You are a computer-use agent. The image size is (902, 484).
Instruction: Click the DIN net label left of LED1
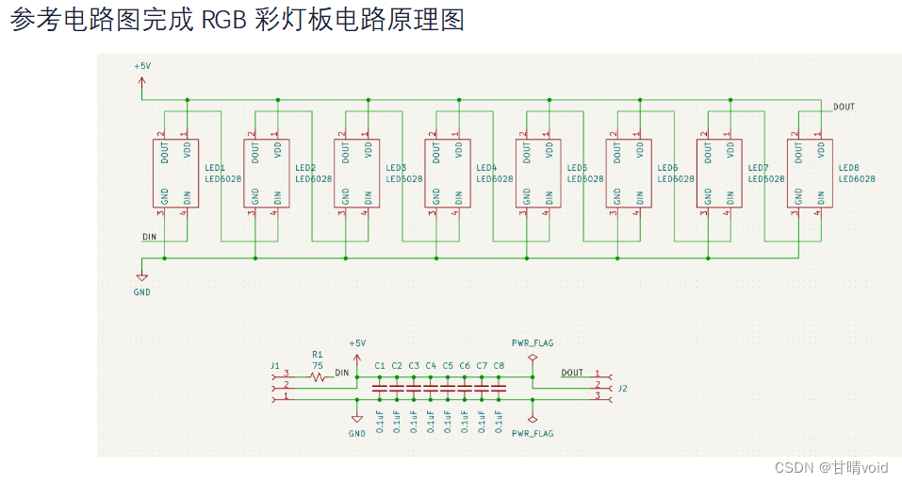point(149,237)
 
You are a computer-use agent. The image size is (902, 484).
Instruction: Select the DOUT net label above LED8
point(844,108)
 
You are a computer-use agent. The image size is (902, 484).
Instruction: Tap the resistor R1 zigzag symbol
point(318,376)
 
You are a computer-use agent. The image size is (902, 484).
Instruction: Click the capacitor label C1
point(380,365)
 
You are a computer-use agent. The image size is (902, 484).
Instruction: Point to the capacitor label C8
point(499,365)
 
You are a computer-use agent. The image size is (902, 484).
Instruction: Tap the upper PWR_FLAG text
point(533,342)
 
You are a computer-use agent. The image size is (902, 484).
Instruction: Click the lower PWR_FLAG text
point(533,433)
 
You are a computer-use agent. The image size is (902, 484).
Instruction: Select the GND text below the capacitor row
point(356,434)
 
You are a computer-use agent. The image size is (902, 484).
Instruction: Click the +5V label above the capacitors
point(357,343)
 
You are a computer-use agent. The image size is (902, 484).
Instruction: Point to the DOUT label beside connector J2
point(572,373)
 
